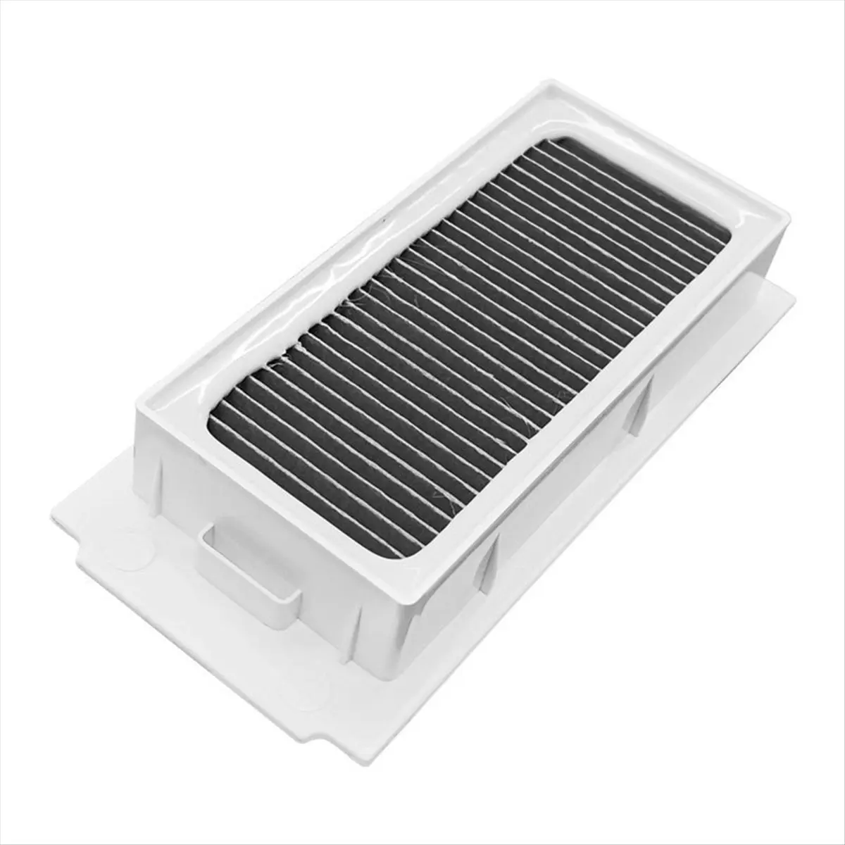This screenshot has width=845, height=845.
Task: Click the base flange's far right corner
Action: pyautogui.click(x=793, y=296)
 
